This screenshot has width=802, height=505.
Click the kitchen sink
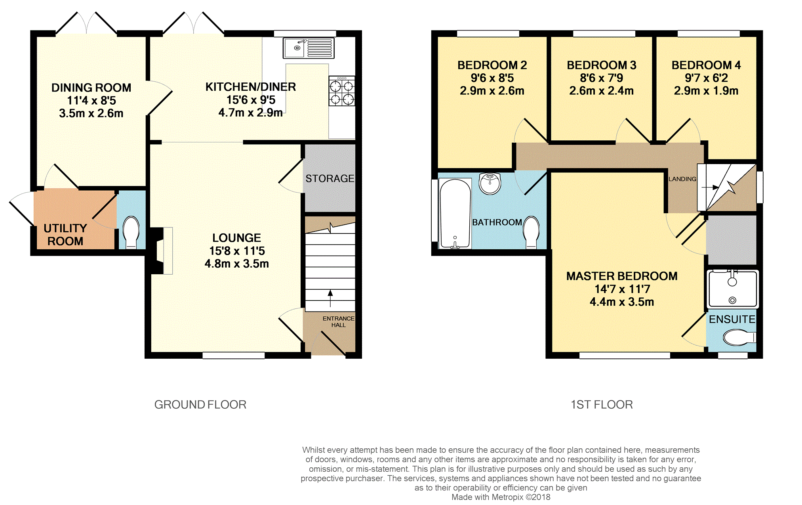point(309,48)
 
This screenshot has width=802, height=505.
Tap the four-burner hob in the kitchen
point(342,91)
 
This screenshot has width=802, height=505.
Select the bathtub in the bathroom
point(455,214)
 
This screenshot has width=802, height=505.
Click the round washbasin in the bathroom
point(490,184)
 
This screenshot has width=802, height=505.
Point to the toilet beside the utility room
point(131,232)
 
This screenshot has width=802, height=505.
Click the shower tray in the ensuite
point(732,289)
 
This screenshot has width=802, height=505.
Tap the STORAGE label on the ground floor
point(330,179)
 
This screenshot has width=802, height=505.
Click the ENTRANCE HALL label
point(339,321)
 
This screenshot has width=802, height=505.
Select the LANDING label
point(682,179)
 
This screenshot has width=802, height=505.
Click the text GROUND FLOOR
point(200,405)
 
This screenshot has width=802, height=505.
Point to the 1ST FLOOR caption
point(602,405)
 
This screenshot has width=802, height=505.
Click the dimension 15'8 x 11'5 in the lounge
point(237,251)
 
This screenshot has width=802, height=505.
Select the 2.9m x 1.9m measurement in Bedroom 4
point(706,91)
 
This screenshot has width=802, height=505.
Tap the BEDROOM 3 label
point(602,65)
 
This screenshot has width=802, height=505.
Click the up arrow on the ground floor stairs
point(330,298)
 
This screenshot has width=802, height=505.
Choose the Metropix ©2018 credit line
point(501,497)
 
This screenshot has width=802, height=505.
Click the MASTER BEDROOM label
point(622,276)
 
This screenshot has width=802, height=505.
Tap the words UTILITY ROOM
point(65,235)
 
